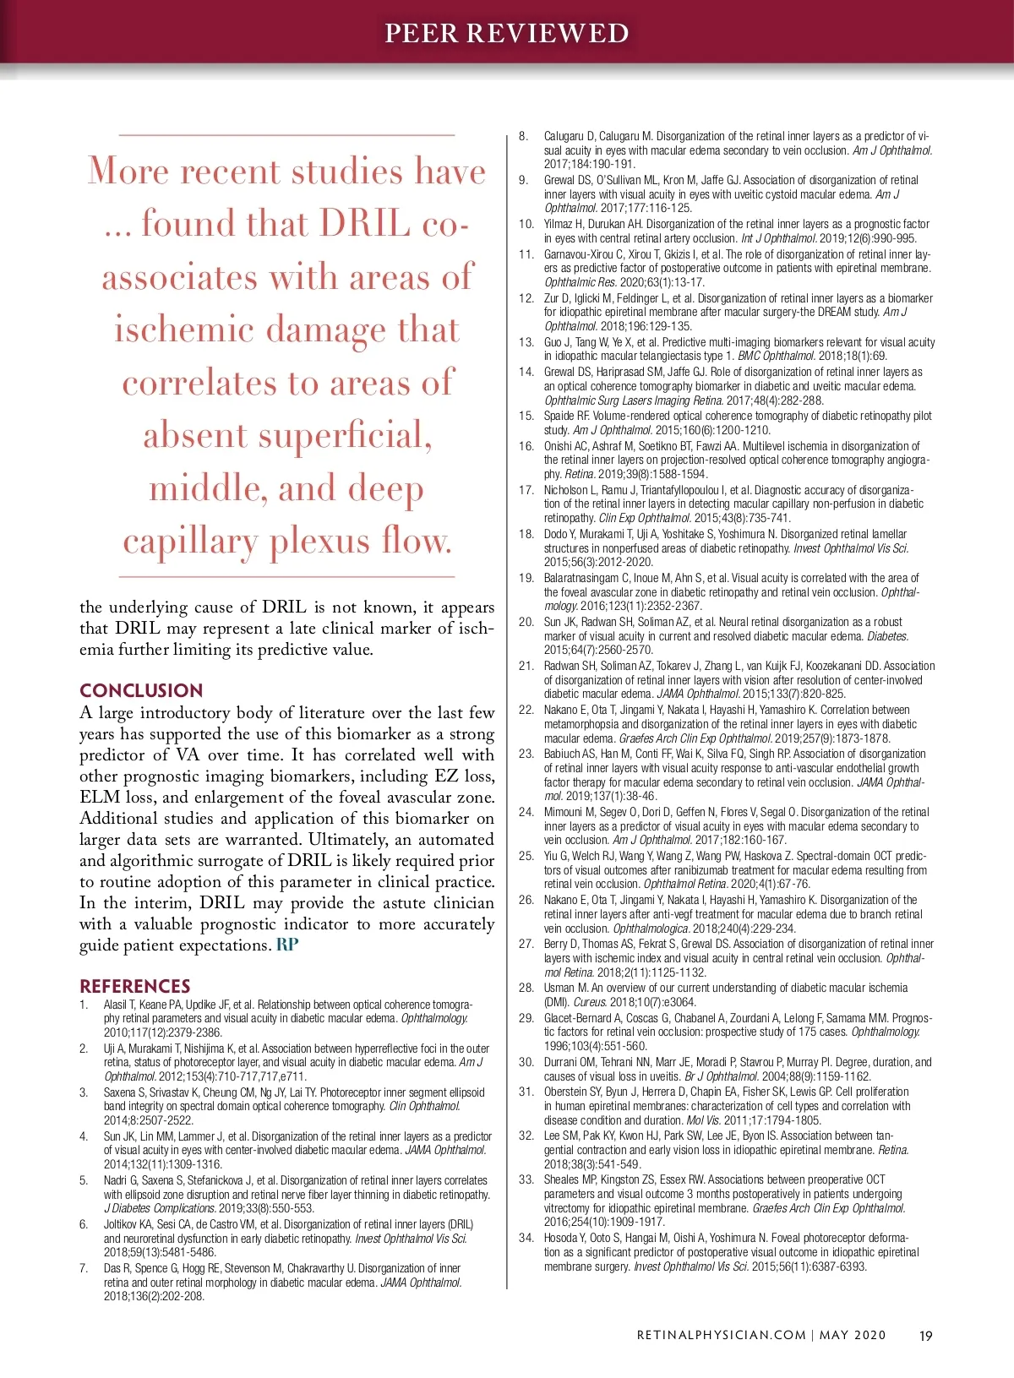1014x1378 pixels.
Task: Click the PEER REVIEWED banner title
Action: click(506, 33)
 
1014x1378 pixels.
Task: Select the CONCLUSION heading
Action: click(141, 690)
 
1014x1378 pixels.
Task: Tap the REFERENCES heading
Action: click(135, 986)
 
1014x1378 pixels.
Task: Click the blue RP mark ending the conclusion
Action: click(287, 945)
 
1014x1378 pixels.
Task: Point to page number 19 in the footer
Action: click(925, 1336)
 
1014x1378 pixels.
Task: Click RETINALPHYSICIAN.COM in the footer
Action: click(721, 1336)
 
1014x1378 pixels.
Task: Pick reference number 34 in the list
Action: click(526, 1238)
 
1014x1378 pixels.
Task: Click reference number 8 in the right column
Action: click(524, 136)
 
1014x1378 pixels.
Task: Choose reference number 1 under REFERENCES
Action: click(84, 1005)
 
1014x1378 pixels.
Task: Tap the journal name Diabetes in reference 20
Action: click(888, 636)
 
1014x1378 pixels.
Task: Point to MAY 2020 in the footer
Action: click(853, 1336)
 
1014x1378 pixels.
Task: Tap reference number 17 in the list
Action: click(526, 490)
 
